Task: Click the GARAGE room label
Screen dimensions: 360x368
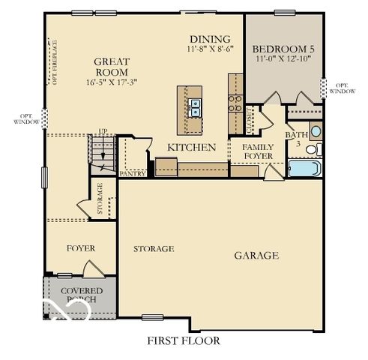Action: [256, 256]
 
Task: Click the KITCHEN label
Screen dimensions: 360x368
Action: [191, 148]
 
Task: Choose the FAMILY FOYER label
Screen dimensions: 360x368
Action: [257, 151]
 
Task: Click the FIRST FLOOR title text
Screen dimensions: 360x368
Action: [184, 340]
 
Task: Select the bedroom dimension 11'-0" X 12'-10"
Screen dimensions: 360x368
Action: [282, 58]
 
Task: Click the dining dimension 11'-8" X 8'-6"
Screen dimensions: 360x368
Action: [211, 49]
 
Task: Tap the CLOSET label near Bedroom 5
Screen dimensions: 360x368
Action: [250, 120]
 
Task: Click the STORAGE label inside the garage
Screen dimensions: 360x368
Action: [154, 248]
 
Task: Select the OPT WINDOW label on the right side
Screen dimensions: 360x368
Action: [341, 88]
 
